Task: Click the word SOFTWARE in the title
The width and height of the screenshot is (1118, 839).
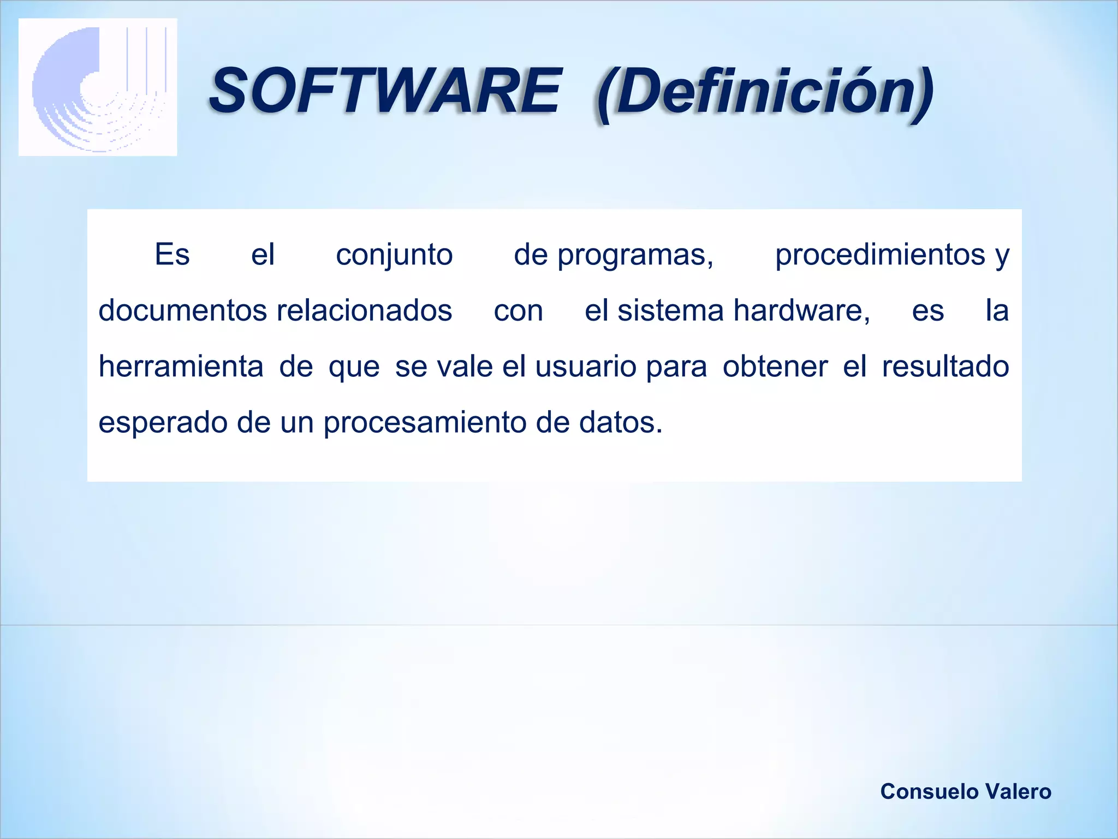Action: pyautogui.click(x=385, y=91)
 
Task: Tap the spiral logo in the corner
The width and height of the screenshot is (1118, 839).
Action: pyautogui.click(x=98, y=87)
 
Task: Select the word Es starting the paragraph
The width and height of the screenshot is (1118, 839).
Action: pyautogui.click(x=172, y=255)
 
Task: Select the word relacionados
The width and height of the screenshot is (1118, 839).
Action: pyautogui.click(x=364, y=311)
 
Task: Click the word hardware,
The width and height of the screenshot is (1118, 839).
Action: pyautogui.click(x=801, y=311)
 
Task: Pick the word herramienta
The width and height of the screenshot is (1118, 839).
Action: pyautogui.click(x=181, y=367)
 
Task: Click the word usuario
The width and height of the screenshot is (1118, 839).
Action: pyautogui.click(x=585, y=367)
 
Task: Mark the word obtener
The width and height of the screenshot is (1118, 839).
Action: pyautogui.click(x=775, y=367)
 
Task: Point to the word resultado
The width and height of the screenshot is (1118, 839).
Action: pyautogui.click(x=945, y=367)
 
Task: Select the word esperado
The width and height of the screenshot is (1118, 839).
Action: pyautogui.click(x=162, y=423)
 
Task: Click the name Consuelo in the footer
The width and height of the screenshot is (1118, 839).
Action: pyautogui.click(x=921, y=791)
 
